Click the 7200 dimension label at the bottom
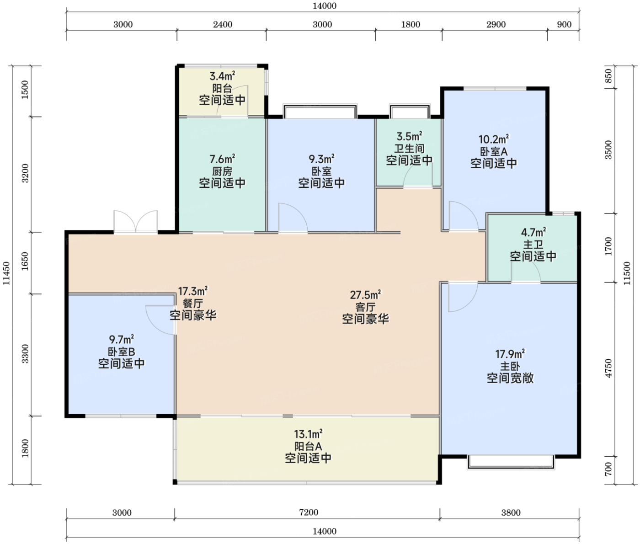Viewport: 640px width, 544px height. coord(309,512)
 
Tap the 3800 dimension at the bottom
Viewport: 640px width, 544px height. coord(511,512)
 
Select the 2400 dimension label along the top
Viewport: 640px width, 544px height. coord(223,24)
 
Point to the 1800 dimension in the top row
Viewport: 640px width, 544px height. coord(411,24)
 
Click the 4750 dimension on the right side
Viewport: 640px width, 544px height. coord(608,368)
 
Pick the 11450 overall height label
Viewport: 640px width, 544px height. coord(6,273)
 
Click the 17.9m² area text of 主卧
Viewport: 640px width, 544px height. coord(510,353)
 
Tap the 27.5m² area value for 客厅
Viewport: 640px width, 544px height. coord(366,294)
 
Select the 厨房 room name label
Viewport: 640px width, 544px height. coord(222,171)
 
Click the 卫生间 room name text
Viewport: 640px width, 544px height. coord(409,148)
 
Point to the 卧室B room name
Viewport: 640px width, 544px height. coord(122,352)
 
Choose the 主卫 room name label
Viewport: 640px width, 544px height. coord(533,245)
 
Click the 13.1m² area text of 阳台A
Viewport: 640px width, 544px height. coord(309,434)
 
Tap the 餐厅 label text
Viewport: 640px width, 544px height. coord(193,303)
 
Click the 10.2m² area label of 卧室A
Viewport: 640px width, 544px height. coord(494,139)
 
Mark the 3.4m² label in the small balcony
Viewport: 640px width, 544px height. coord(222,76)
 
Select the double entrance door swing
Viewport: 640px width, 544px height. coord(136,221)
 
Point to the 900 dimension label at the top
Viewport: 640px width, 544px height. coord(564,24)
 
